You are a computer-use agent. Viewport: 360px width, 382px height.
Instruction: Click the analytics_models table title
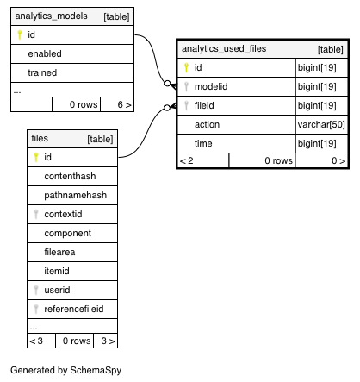[x=51, y=16]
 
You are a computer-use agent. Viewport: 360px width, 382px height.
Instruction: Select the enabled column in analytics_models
[x=45, y=53]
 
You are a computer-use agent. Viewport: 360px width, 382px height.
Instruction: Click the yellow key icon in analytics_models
[x=20, y=34]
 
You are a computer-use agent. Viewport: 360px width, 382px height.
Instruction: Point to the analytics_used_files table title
[x=224, y=49]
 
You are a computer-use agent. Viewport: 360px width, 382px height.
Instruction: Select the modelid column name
[x=211, y=86]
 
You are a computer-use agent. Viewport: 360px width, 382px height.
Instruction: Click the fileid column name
[x=204, y=105]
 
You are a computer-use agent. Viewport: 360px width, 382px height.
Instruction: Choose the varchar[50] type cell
[x=321, y=124]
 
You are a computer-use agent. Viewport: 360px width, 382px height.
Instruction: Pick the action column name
[x=207, y=124]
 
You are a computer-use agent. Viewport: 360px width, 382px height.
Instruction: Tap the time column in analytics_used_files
[x=203, y=143]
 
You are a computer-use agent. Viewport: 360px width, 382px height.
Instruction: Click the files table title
[x=40, y=139]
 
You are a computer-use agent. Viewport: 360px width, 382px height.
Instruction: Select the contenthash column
[x=70, y=176]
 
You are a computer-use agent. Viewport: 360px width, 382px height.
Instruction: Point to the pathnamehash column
[x=76, y=196]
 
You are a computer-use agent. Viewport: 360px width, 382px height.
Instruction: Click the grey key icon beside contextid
[x=36, y=214]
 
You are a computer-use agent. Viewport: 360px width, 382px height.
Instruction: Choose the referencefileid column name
[x=74, y=309]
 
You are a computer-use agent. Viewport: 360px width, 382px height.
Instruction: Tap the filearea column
[x=59, y=252]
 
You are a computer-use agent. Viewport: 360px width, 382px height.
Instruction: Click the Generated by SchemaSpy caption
[x=66, y=370]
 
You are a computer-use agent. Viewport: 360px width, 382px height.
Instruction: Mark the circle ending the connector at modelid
[x=167, y=84]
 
